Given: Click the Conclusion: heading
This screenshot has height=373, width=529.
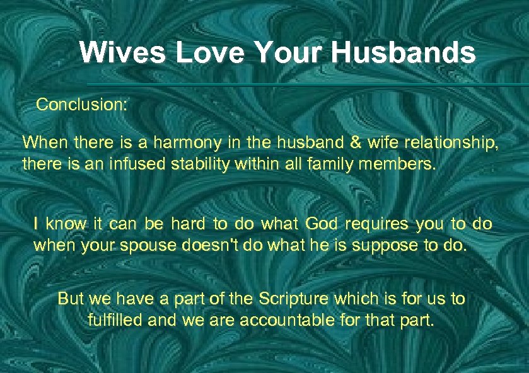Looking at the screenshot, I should pyautogui.click(x=82, y=104).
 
